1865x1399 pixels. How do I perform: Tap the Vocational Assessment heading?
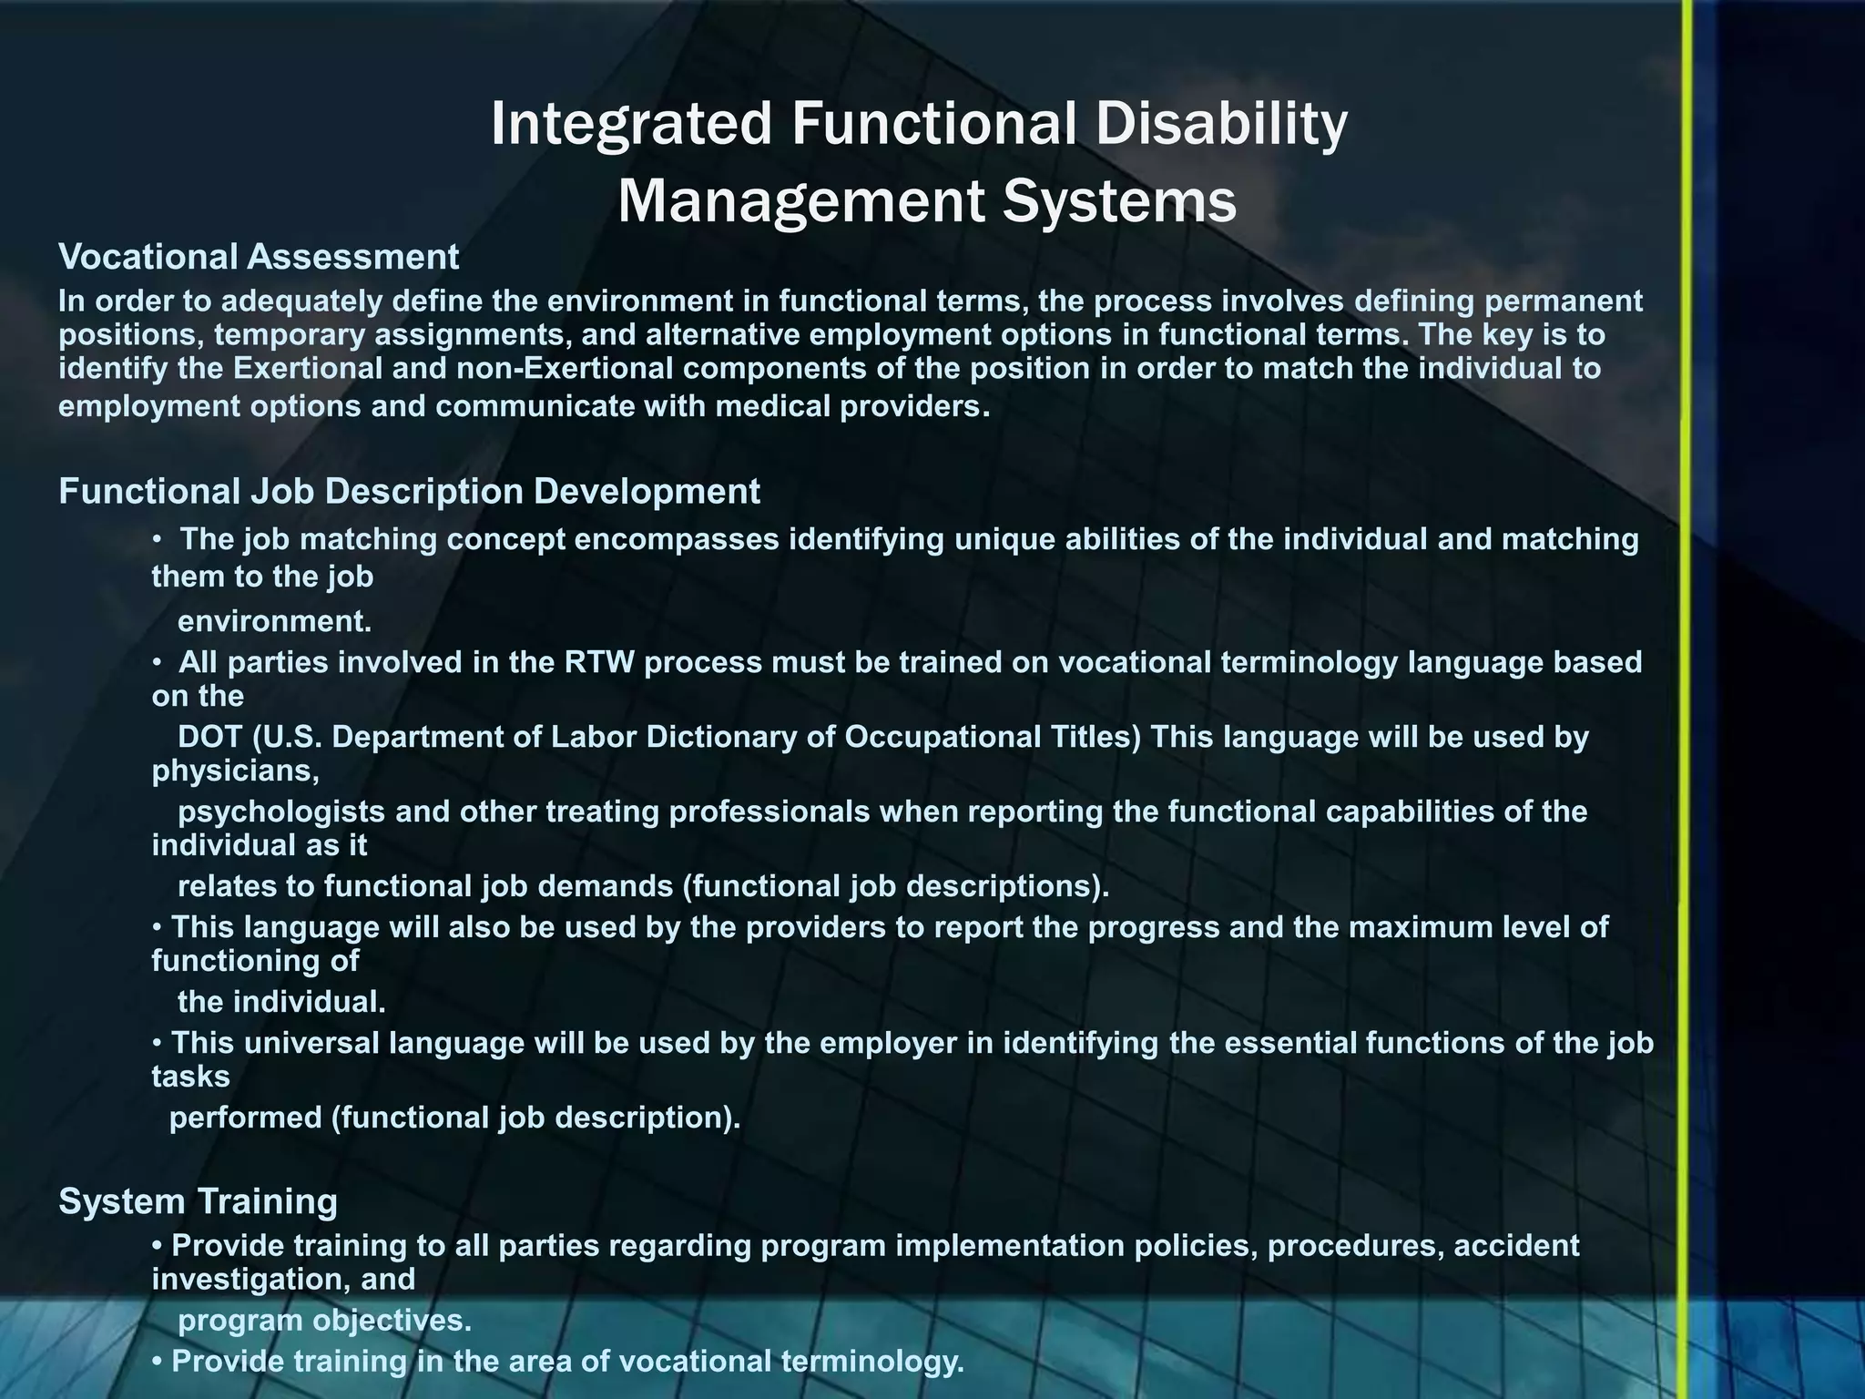[x=259, y=257]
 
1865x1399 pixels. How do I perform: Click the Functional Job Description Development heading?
[x=409, y=491]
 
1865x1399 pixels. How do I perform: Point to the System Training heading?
[x=198, y=1201]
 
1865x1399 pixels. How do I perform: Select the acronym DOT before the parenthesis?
[x=209, y=737]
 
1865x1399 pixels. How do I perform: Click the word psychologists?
[x=281, y=812]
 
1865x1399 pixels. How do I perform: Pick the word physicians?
[x=235, y=771]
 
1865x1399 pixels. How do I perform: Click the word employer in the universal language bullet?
[x=888, y=1042]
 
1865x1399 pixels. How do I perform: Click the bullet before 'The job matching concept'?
[x=158, y=539]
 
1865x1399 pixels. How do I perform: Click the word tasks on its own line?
[x=190, y=1077]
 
